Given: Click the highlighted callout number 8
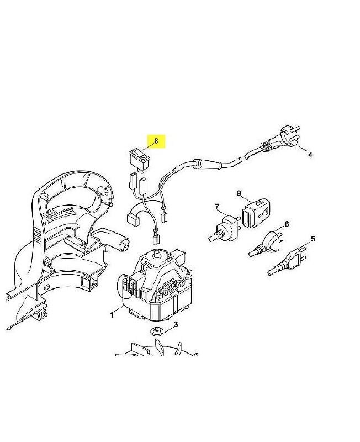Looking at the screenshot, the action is pos(156,140).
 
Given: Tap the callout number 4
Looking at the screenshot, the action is pos(310,155).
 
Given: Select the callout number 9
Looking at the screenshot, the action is pos(239,193).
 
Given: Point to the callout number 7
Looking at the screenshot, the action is pos(217,207).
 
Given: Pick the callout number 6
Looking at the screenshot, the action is pos(287,224).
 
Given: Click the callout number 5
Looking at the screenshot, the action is pos(313,239).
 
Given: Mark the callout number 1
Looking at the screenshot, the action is pos(112,315).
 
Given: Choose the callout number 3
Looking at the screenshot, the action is pos(176,324).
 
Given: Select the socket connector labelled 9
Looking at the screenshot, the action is pos(255,213).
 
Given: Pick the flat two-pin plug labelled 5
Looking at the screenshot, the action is pos(287,261).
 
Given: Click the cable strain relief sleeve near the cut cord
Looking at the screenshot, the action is pos(207,164).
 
